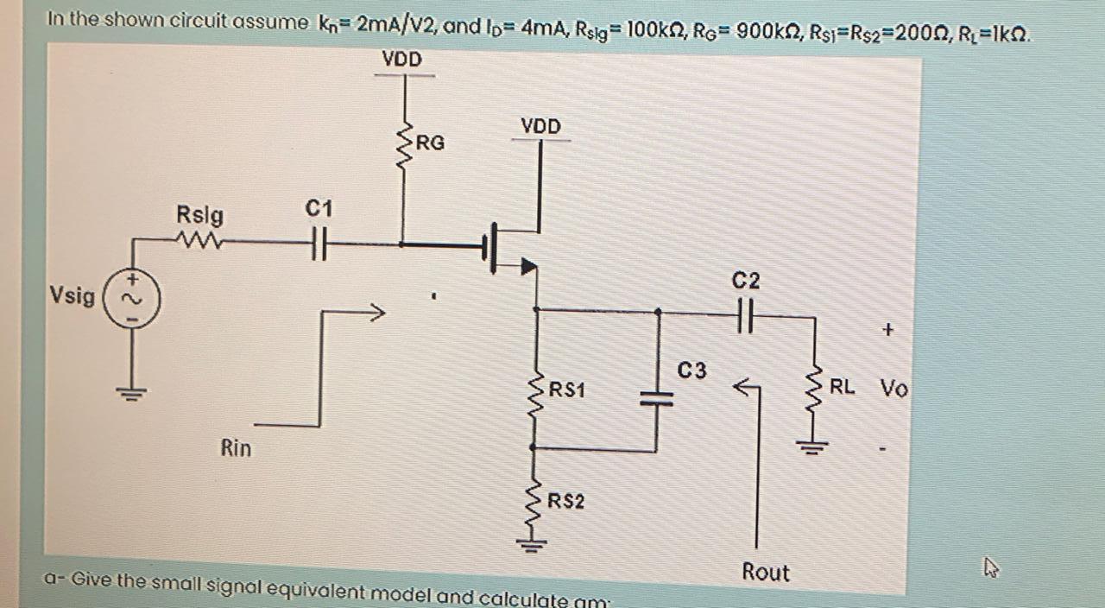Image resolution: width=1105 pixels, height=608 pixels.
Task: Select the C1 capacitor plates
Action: pos(319,244)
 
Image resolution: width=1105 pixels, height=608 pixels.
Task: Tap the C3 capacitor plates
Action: pos(658,396)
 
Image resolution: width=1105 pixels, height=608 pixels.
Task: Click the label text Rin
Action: pos(236,448)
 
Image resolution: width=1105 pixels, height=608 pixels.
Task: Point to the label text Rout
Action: pos(766,572)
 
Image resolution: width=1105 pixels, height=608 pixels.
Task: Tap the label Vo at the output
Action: pos(894,389)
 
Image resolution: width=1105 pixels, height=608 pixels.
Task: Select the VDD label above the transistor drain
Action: pos(540,127)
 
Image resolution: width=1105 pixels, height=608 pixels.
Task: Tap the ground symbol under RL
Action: pos(811,446)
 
